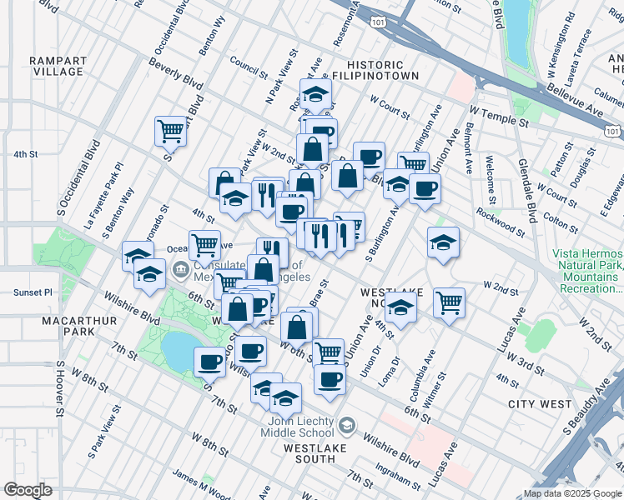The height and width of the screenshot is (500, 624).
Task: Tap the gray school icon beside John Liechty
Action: pyautogui.click(x=345, y=427)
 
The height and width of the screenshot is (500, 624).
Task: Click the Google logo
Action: pyautogui.click(x=27, y=490)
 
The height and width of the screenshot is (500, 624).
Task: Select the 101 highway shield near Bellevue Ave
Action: pyautogui.click(x=612, y=131)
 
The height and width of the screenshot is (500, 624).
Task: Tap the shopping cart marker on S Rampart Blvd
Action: pyautogui.click(x=169, y=131)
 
